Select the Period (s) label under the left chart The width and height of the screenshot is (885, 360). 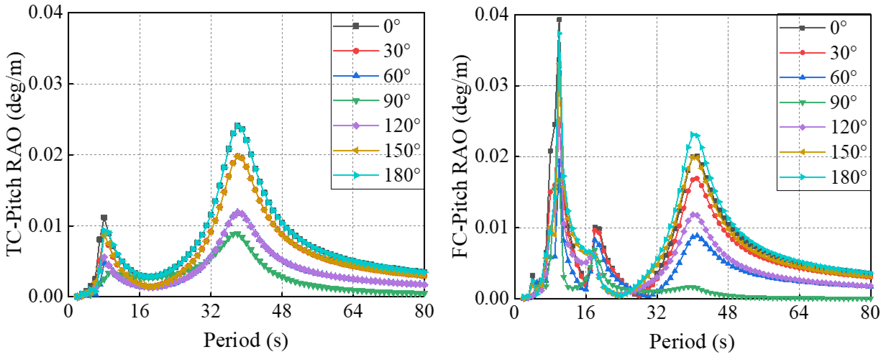click(x=246, y=340)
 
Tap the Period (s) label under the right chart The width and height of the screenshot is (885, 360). click(x=692, y=342)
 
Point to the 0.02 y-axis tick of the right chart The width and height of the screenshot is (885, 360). click(x=492, y=157)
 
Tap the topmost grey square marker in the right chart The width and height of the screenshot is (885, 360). click(x=559, y=20)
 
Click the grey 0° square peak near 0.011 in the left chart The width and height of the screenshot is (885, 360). click(x=104, y=218)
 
